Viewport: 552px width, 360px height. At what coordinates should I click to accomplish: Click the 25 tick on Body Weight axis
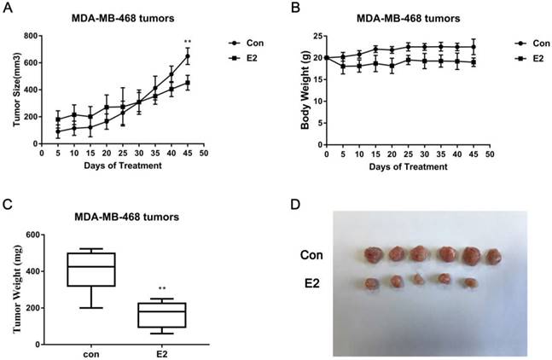(315, 36)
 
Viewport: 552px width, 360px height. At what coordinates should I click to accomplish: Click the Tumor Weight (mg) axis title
(15, 289)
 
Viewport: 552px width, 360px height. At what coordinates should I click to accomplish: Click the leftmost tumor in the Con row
(373, 254)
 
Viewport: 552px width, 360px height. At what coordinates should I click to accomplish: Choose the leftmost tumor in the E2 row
(372, 282)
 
